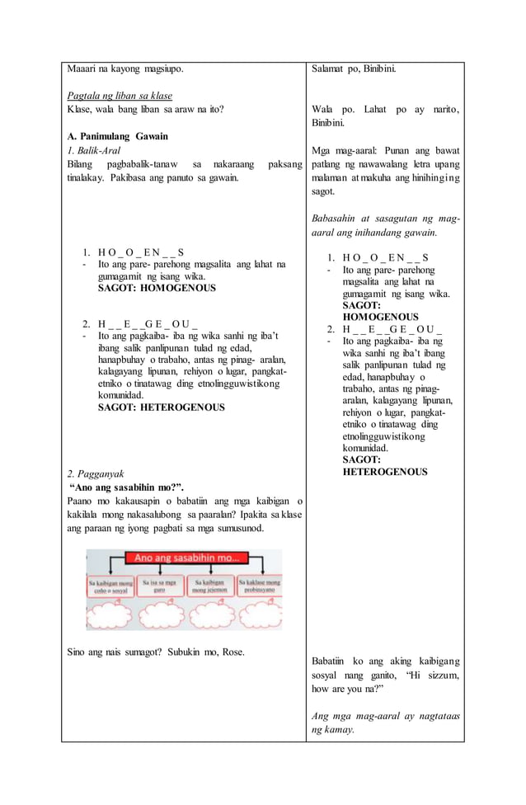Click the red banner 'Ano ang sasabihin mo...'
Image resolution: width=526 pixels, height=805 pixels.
click(190, 559)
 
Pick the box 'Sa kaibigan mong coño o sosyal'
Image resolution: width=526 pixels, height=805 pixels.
click(112, 586)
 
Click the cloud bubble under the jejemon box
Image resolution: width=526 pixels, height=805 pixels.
click(211, 614)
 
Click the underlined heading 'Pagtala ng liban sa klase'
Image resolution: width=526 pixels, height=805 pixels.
click(120, 96)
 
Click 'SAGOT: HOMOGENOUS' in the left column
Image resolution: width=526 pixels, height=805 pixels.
click(157, 289)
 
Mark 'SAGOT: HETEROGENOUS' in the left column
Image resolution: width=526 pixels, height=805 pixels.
click(161, 407)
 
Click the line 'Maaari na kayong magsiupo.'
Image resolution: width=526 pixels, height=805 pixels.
click(124, 68)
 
